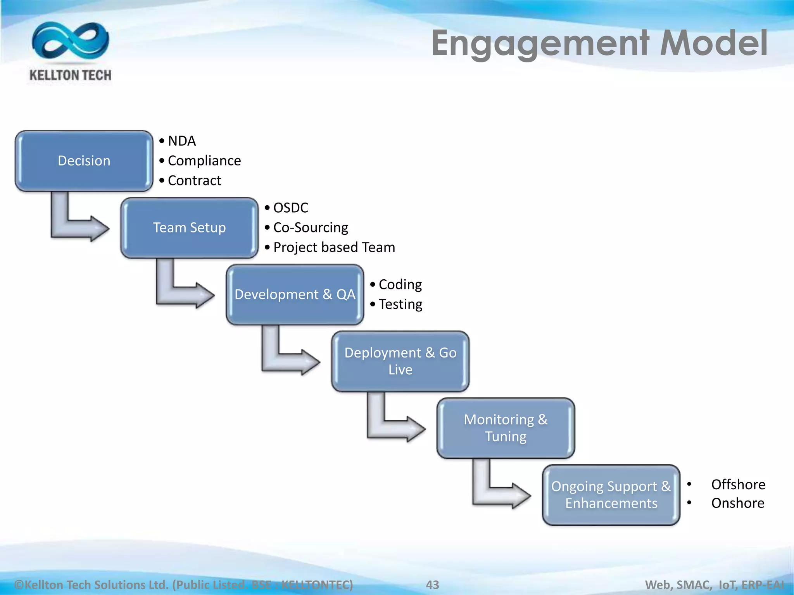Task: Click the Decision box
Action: tap(84, 161)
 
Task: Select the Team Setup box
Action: tap(189, 228)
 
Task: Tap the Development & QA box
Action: tap(295, 294)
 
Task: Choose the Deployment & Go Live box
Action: tap(400, 361)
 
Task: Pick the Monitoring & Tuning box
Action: tap(506, 428)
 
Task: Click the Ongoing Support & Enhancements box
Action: tap(611, 495)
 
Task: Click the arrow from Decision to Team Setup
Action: tap(78, 225)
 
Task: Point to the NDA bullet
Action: tap(181, 141)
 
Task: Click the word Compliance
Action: tap(204, 161)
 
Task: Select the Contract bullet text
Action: tap(194, 181)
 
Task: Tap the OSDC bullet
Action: tap(290, 208)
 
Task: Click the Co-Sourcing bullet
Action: tap(310, 228)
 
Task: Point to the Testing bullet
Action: tap(400, 304)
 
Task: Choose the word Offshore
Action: tap(738, 485)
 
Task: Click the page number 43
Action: tap(432, 585)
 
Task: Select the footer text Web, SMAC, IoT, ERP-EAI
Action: tap(714, 585)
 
